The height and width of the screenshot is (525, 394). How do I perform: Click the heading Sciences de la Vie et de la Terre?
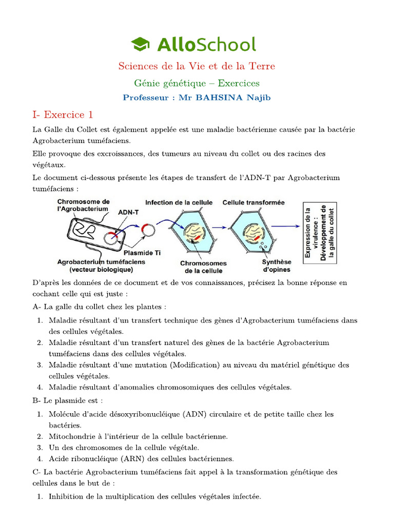(196, 66)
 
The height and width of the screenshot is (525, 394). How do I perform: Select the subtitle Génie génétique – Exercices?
(196, 83)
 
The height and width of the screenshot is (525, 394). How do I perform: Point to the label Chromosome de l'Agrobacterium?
(83, 205)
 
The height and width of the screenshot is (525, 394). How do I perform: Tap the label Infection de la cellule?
(179, 203)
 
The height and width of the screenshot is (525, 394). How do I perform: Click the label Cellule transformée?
(253, 203)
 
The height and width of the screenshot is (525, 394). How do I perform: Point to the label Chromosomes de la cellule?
(203, 267)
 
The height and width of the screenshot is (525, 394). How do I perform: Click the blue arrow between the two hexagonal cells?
(219, 227)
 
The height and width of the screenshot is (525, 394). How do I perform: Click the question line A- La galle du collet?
(100, 307)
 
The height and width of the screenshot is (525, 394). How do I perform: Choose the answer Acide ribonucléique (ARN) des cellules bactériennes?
(141, 459)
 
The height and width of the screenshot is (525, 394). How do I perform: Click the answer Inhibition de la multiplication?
(154, 496)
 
